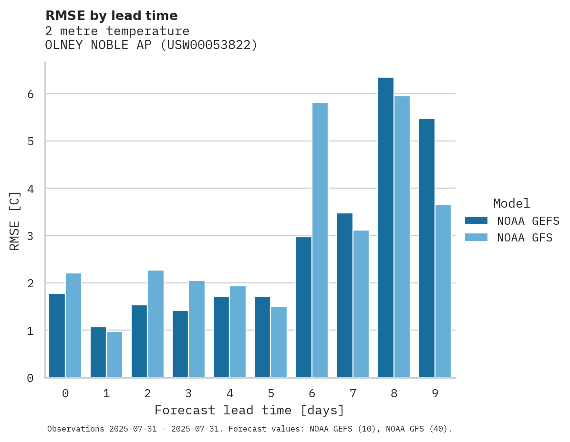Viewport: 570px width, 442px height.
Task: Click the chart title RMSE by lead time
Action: pyautogui.click(x=111, y=16)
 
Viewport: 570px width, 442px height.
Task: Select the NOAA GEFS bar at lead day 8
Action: pyautogui.click(x=385, y=228)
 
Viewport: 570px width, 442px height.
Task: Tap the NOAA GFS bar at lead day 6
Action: pyautogui.click(x=320, y=240)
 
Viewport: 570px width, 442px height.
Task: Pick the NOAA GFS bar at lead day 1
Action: pyautogui.click(x=114, y=355)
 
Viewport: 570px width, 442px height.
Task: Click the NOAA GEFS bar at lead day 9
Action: pyautogui.click(x=426, y=248)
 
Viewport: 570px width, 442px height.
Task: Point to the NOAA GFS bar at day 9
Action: pyautogui.click(x=443, y=291)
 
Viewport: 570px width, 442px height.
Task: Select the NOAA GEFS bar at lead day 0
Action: pyautogui.click(x=57, y=336)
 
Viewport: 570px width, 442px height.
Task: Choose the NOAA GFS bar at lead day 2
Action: pyautogui.click(x=155, y=324)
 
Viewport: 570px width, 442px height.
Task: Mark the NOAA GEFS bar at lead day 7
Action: pyautogui.click(x=344, y=295)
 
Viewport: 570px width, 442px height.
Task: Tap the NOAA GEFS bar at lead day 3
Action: pyautogui.click(x=180, y=344)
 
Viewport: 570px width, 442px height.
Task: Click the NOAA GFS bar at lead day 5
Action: pyautogui.click(x=279, y=342)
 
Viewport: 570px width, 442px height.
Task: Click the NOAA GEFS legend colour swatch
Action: pyautogui.click(x=476, y=220)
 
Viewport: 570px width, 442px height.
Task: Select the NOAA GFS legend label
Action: pyautogui.click(x=525, y=238)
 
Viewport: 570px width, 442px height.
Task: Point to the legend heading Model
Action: pyautogui.click(x=511, y=203)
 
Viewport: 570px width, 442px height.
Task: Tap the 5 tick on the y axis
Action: pyautogui.click(x=30, y=141)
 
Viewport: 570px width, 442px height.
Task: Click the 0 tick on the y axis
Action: pyautogui.click(x=30, y=378)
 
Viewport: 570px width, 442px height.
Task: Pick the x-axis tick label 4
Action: pyautogui.click(x=229, y=393)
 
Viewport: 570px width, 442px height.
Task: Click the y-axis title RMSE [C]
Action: pyautogui.click(x=15, y=221)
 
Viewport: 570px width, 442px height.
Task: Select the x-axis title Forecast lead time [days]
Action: pyautogui.click(x=249, y=410)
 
